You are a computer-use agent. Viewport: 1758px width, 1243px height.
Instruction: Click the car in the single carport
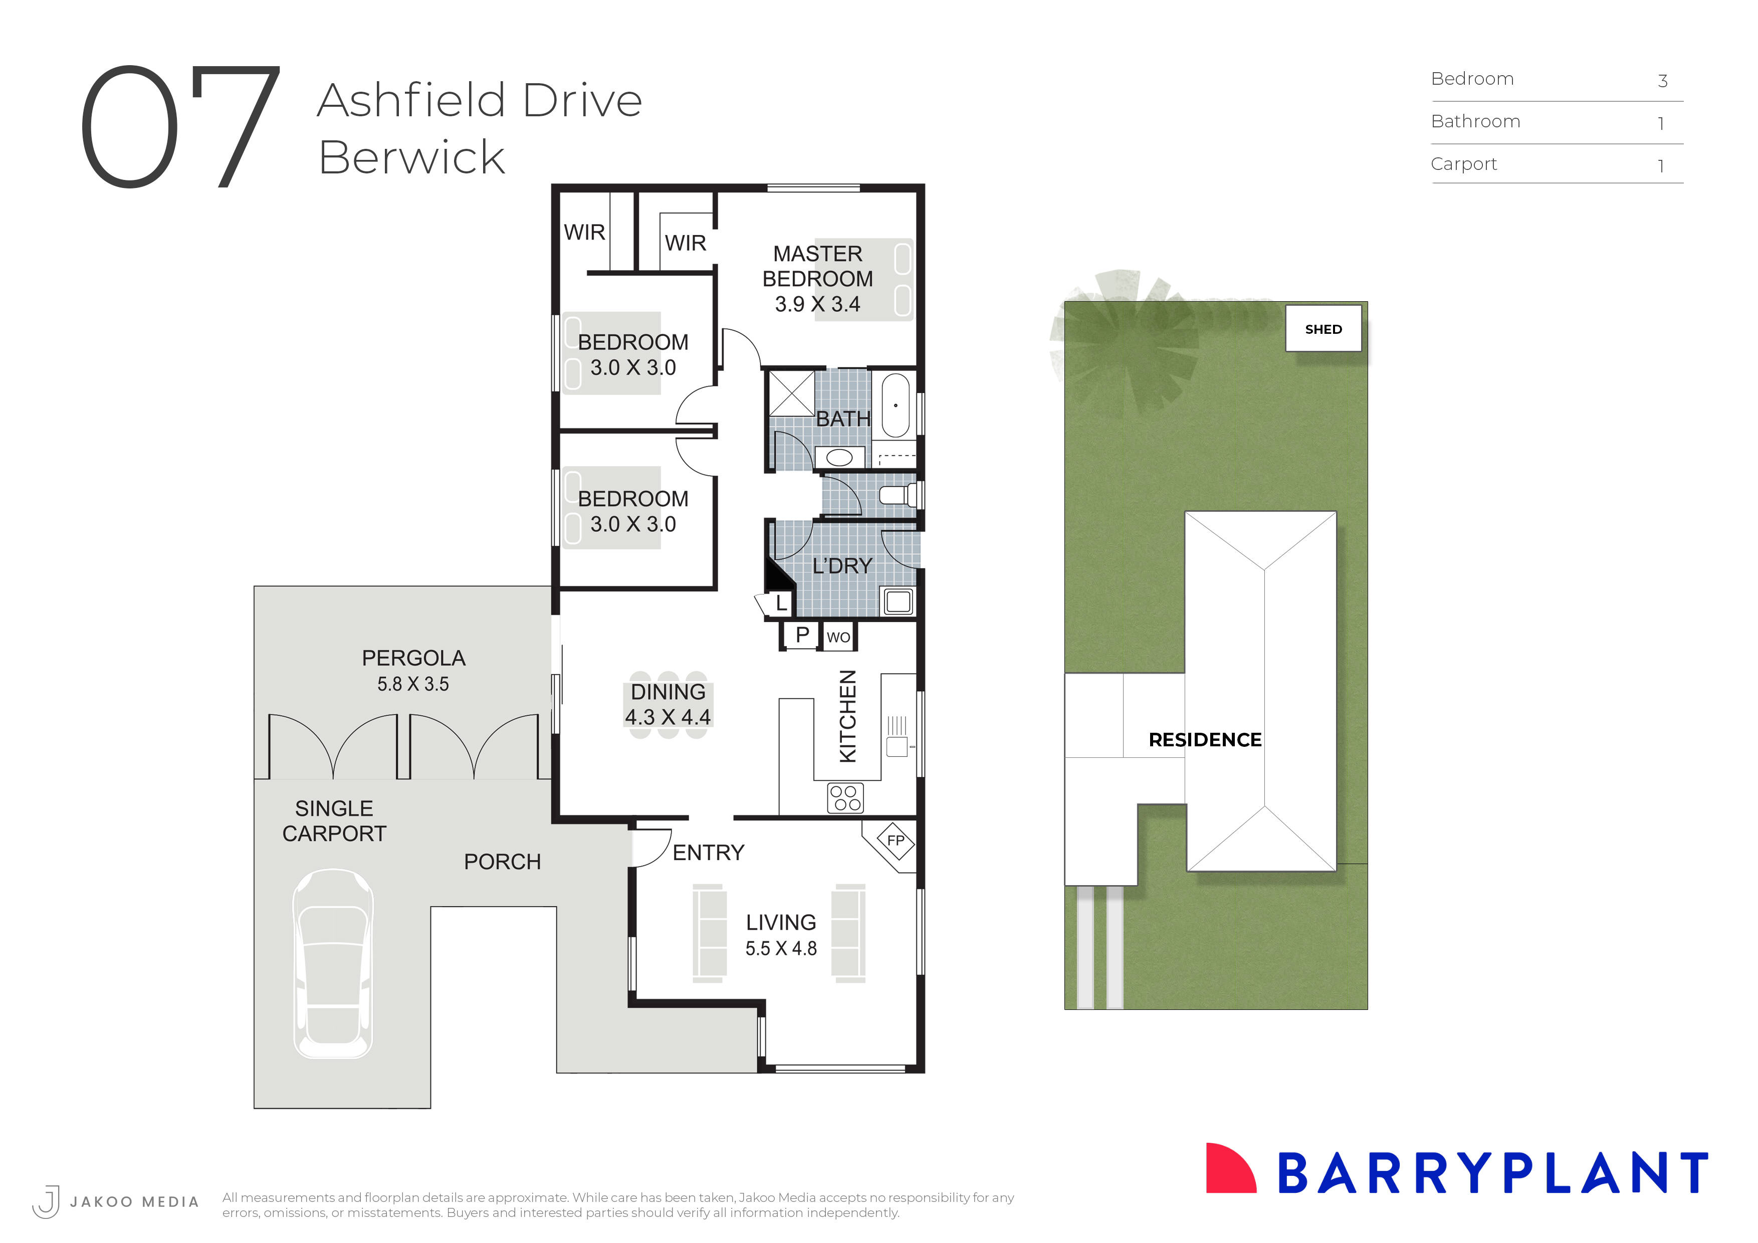coord(333,963)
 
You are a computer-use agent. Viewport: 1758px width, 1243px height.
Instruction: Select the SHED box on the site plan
coord(1323,329)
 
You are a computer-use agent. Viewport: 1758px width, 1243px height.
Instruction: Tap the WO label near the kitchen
coord(837,637)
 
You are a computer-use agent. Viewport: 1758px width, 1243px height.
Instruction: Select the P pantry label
coord(802,635)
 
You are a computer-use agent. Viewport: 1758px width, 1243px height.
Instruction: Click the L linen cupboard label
coord(780,603)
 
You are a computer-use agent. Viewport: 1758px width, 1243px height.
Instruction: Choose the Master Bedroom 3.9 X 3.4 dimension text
coord(817,304)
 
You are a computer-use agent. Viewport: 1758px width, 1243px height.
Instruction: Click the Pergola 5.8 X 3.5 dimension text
coord(413,684)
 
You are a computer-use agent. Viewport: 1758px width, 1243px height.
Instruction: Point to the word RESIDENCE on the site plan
coord(1204,740)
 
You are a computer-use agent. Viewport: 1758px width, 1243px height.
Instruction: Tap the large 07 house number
coord(180,126)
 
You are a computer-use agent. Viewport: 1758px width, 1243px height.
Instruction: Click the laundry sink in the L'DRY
coord(898,601)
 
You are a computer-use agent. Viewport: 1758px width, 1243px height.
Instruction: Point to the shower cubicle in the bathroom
coord(791,393)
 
